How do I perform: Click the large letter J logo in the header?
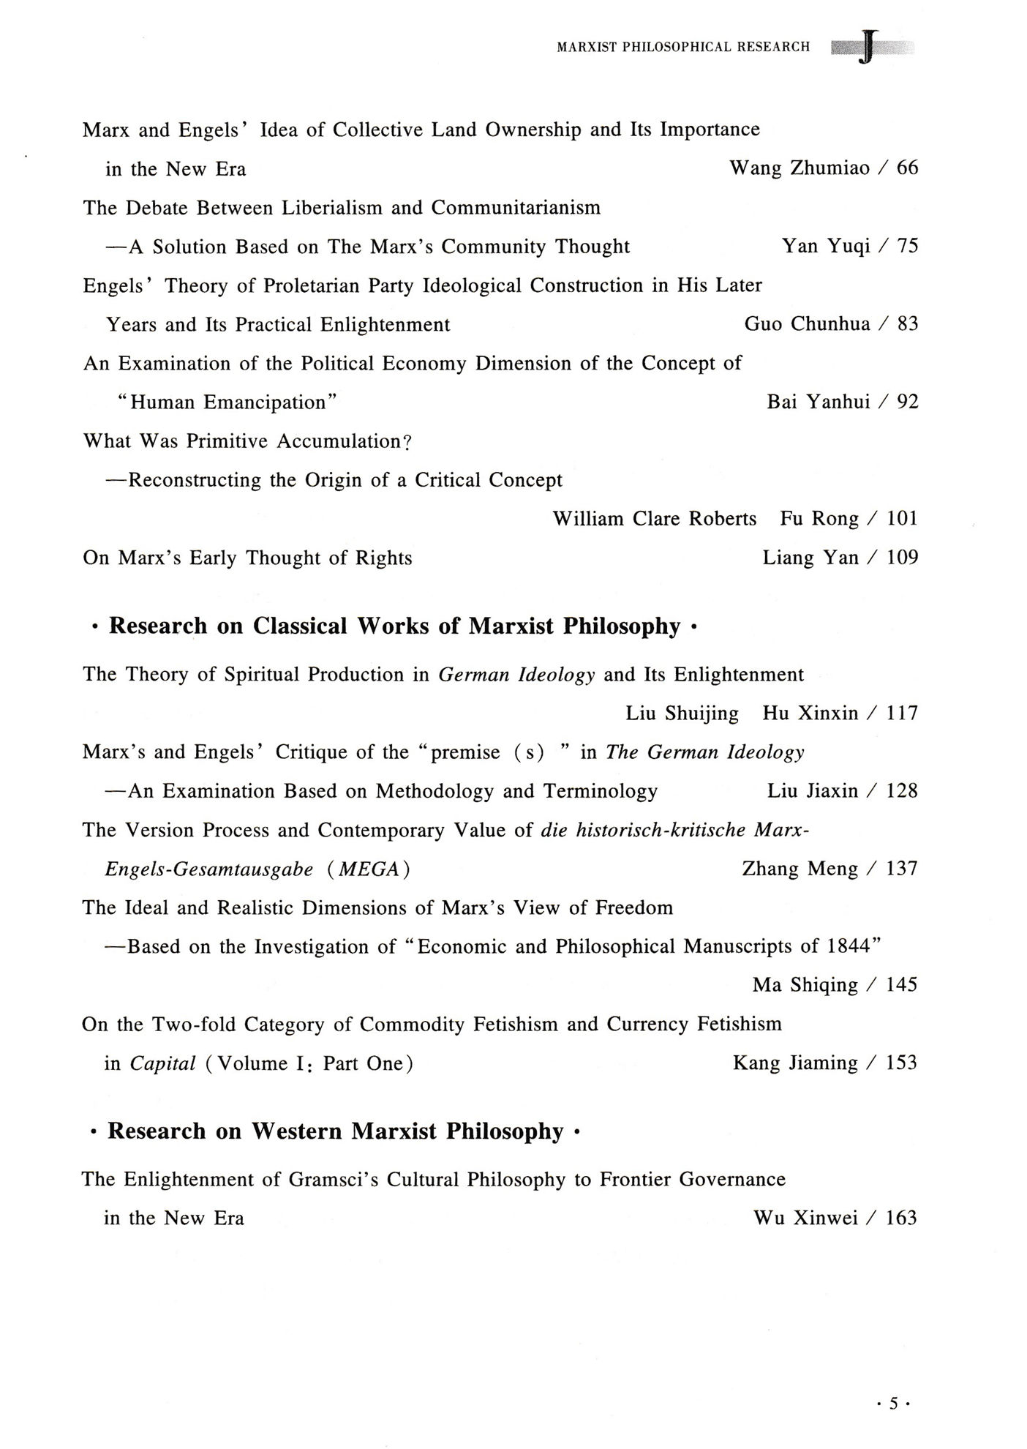pos(868,48)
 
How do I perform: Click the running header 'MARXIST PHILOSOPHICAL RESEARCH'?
pos(683,48)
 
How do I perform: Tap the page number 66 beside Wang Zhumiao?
pos(907,168)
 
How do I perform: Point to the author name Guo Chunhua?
pos(807,324)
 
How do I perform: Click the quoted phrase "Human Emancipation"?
pos(227,402)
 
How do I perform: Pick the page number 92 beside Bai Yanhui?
pos(907,402)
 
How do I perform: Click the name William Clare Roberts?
pos(654,519)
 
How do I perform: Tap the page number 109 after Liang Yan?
pos(902,558)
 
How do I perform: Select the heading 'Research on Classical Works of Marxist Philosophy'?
pos(394,626)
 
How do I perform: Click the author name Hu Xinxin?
pos(810,714)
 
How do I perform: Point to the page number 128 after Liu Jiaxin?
pos(901,791)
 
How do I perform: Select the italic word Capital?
pos(162,1063)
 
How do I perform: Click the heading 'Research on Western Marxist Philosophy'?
pos(335,1131)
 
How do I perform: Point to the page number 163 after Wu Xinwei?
pos(901,1218)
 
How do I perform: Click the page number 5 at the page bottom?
pos(892,1404)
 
